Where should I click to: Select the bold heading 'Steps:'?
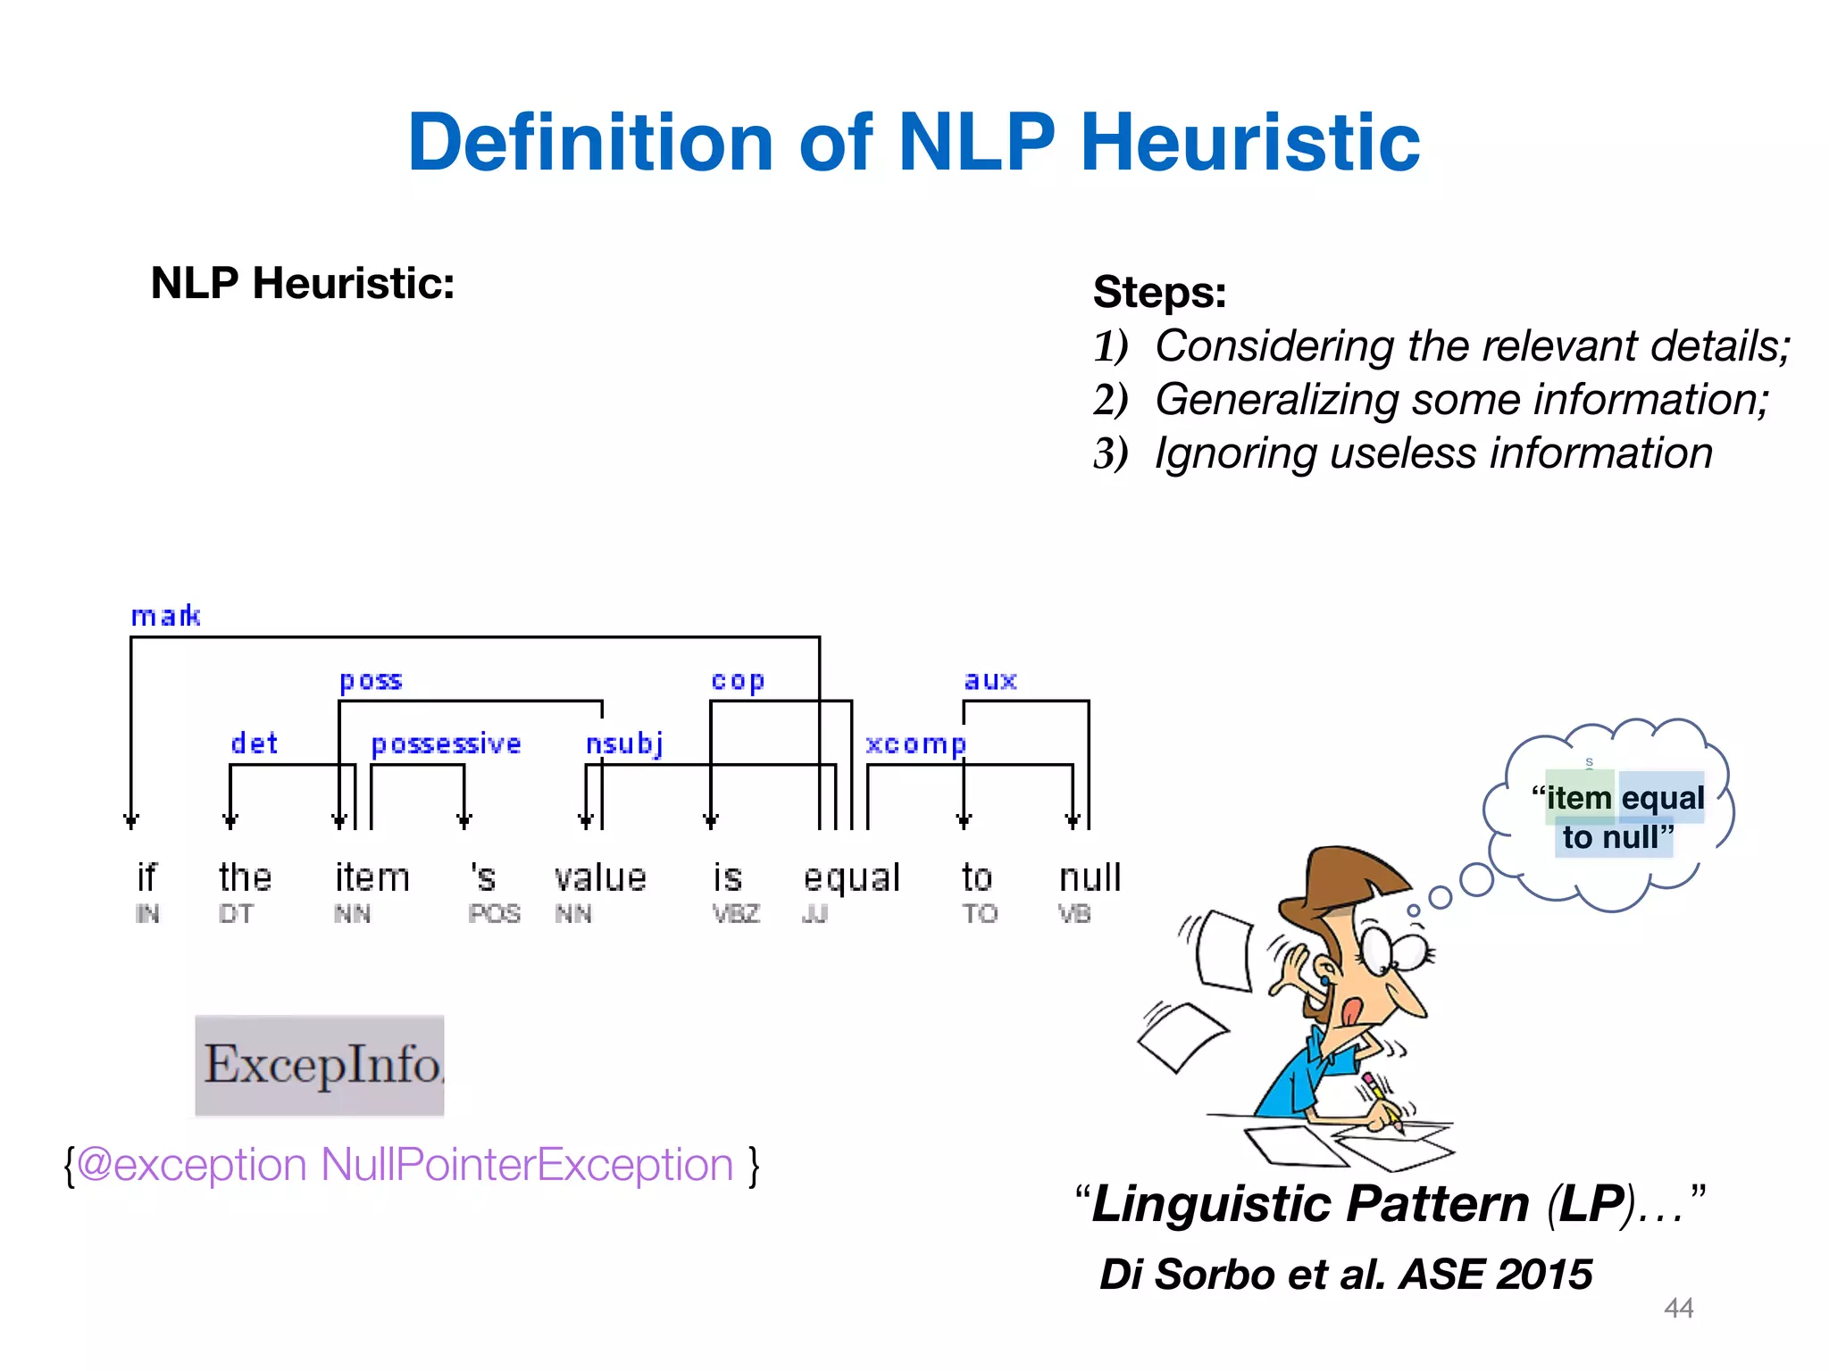coord(1159,292)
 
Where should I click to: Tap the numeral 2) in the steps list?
coord(1110,399)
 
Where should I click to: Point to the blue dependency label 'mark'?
coord(165,616)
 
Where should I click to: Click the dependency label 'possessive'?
coord(446,744)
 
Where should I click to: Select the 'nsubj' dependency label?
coord(624,744)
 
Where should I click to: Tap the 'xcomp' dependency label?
coord(915,744)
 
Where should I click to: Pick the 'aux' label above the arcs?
coord(990,680)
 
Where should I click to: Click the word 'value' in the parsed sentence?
coord(600,877)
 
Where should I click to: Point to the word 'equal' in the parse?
coord(851,878)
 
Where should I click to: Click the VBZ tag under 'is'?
coord(736,914)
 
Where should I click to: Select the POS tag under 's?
coord(494,914)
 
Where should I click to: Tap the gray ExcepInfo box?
coord(320,1065)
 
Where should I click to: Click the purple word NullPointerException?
coord(527,1165)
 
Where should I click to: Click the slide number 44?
coord(1678,1308)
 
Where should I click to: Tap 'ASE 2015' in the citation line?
coord(1496,1274)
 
